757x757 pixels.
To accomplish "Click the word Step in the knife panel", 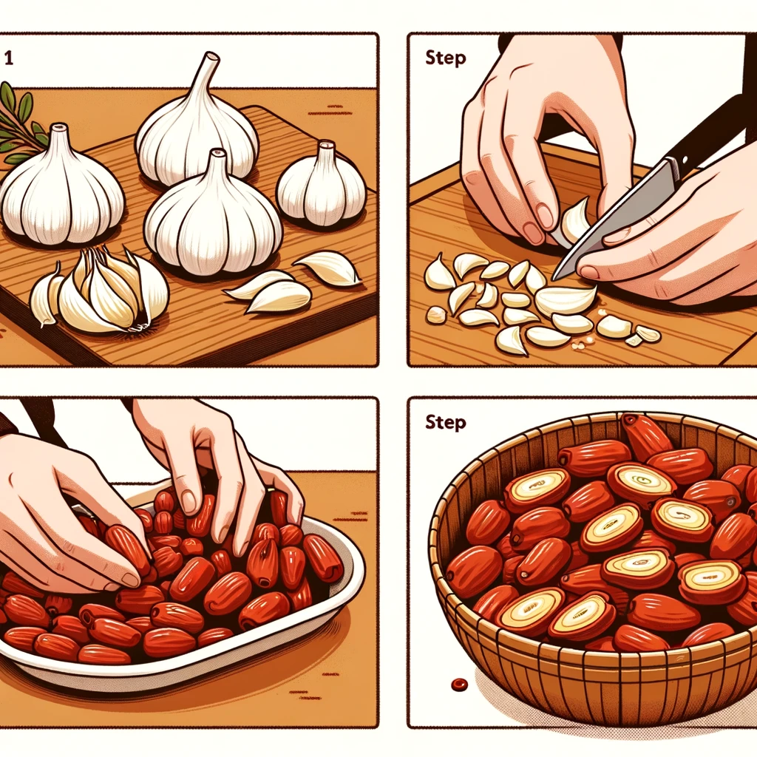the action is tap(445, 58).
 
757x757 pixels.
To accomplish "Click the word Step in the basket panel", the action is tap(445, 422).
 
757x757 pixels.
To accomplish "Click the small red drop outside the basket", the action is tap(458, 684).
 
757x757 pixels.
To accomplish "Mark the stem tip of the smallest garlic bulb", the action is tap(326, 144).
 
